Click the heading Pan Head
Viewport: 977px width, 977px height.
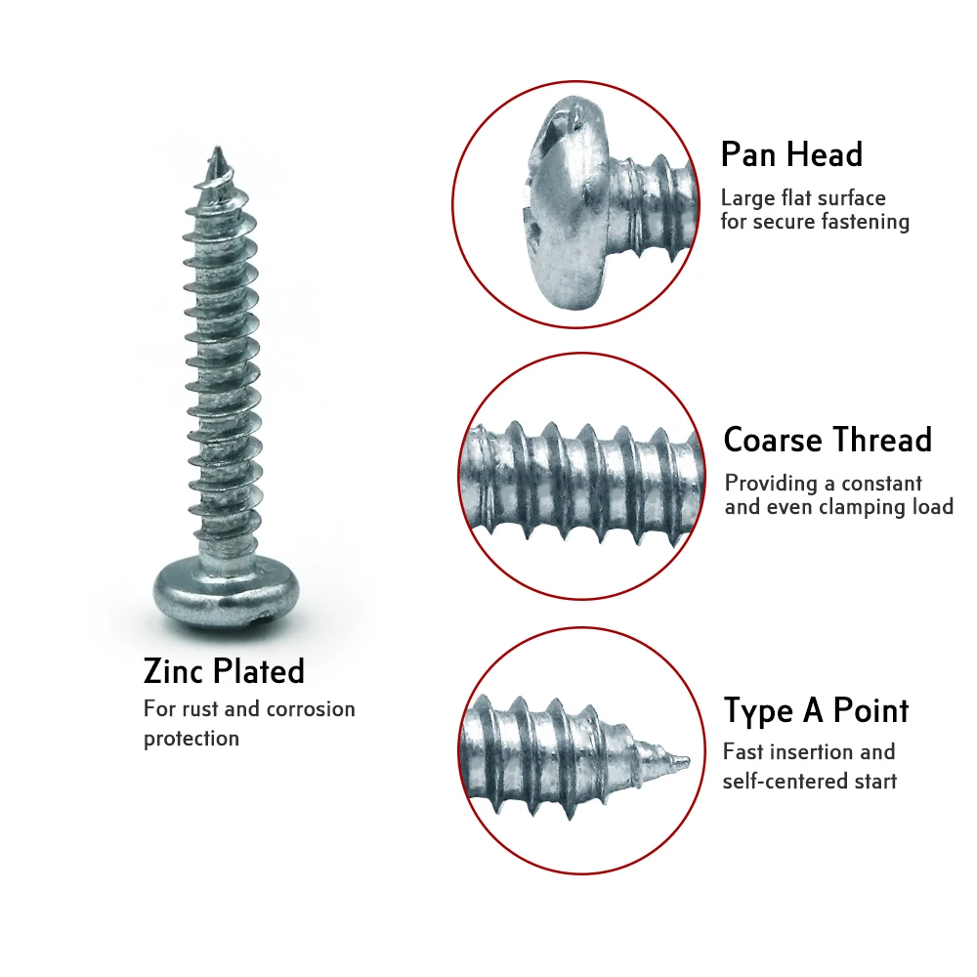[791, 155]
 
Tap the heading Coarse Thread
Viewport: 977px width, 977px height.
[828, 440]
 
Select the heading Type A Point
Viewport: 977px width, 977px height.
[816, 710]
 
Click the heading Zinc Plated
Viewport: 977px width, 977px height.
[224, 671]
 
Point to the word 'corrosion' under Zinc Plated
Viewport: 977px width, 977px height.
[311, 709]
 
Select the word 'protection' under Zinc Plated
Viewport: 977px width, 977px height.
[191, 739]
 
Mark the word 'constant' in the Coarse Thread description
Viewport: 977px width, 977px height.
[881, 484]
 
